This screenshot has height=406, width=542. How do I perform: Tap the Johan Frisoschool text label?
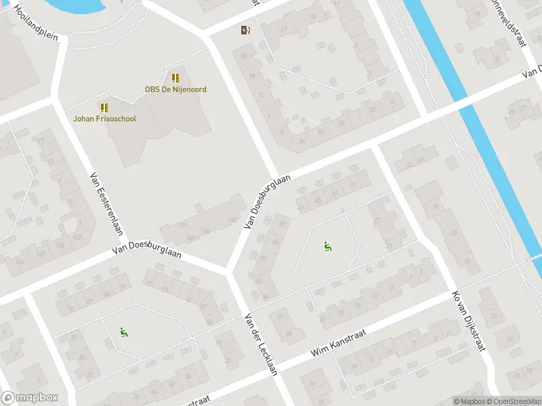pos(105,119)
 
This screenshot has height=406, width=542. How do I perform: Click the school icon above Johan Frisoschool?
pos(105,108)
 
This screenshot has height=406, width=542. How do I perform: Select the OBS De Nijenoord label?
pos(175,89)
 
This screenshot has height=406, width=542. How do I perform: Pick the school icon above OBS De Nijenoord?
pos(175,78)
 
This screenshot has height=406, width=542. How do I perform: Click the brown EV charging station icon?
pos(245,30)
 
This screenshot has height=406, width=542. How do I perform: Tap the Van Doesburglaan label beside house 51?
pos(268,201)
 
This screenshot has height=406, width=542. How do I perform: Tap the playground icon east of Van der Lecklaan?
pos(328,246)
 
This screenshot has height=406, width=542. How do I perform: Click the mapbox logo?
pos(30,398)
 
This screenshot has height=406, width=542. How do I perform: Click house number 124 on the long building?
pos(182,225)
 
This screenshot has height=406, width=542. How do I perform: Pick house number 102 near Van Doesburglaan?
pos(191,238)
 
